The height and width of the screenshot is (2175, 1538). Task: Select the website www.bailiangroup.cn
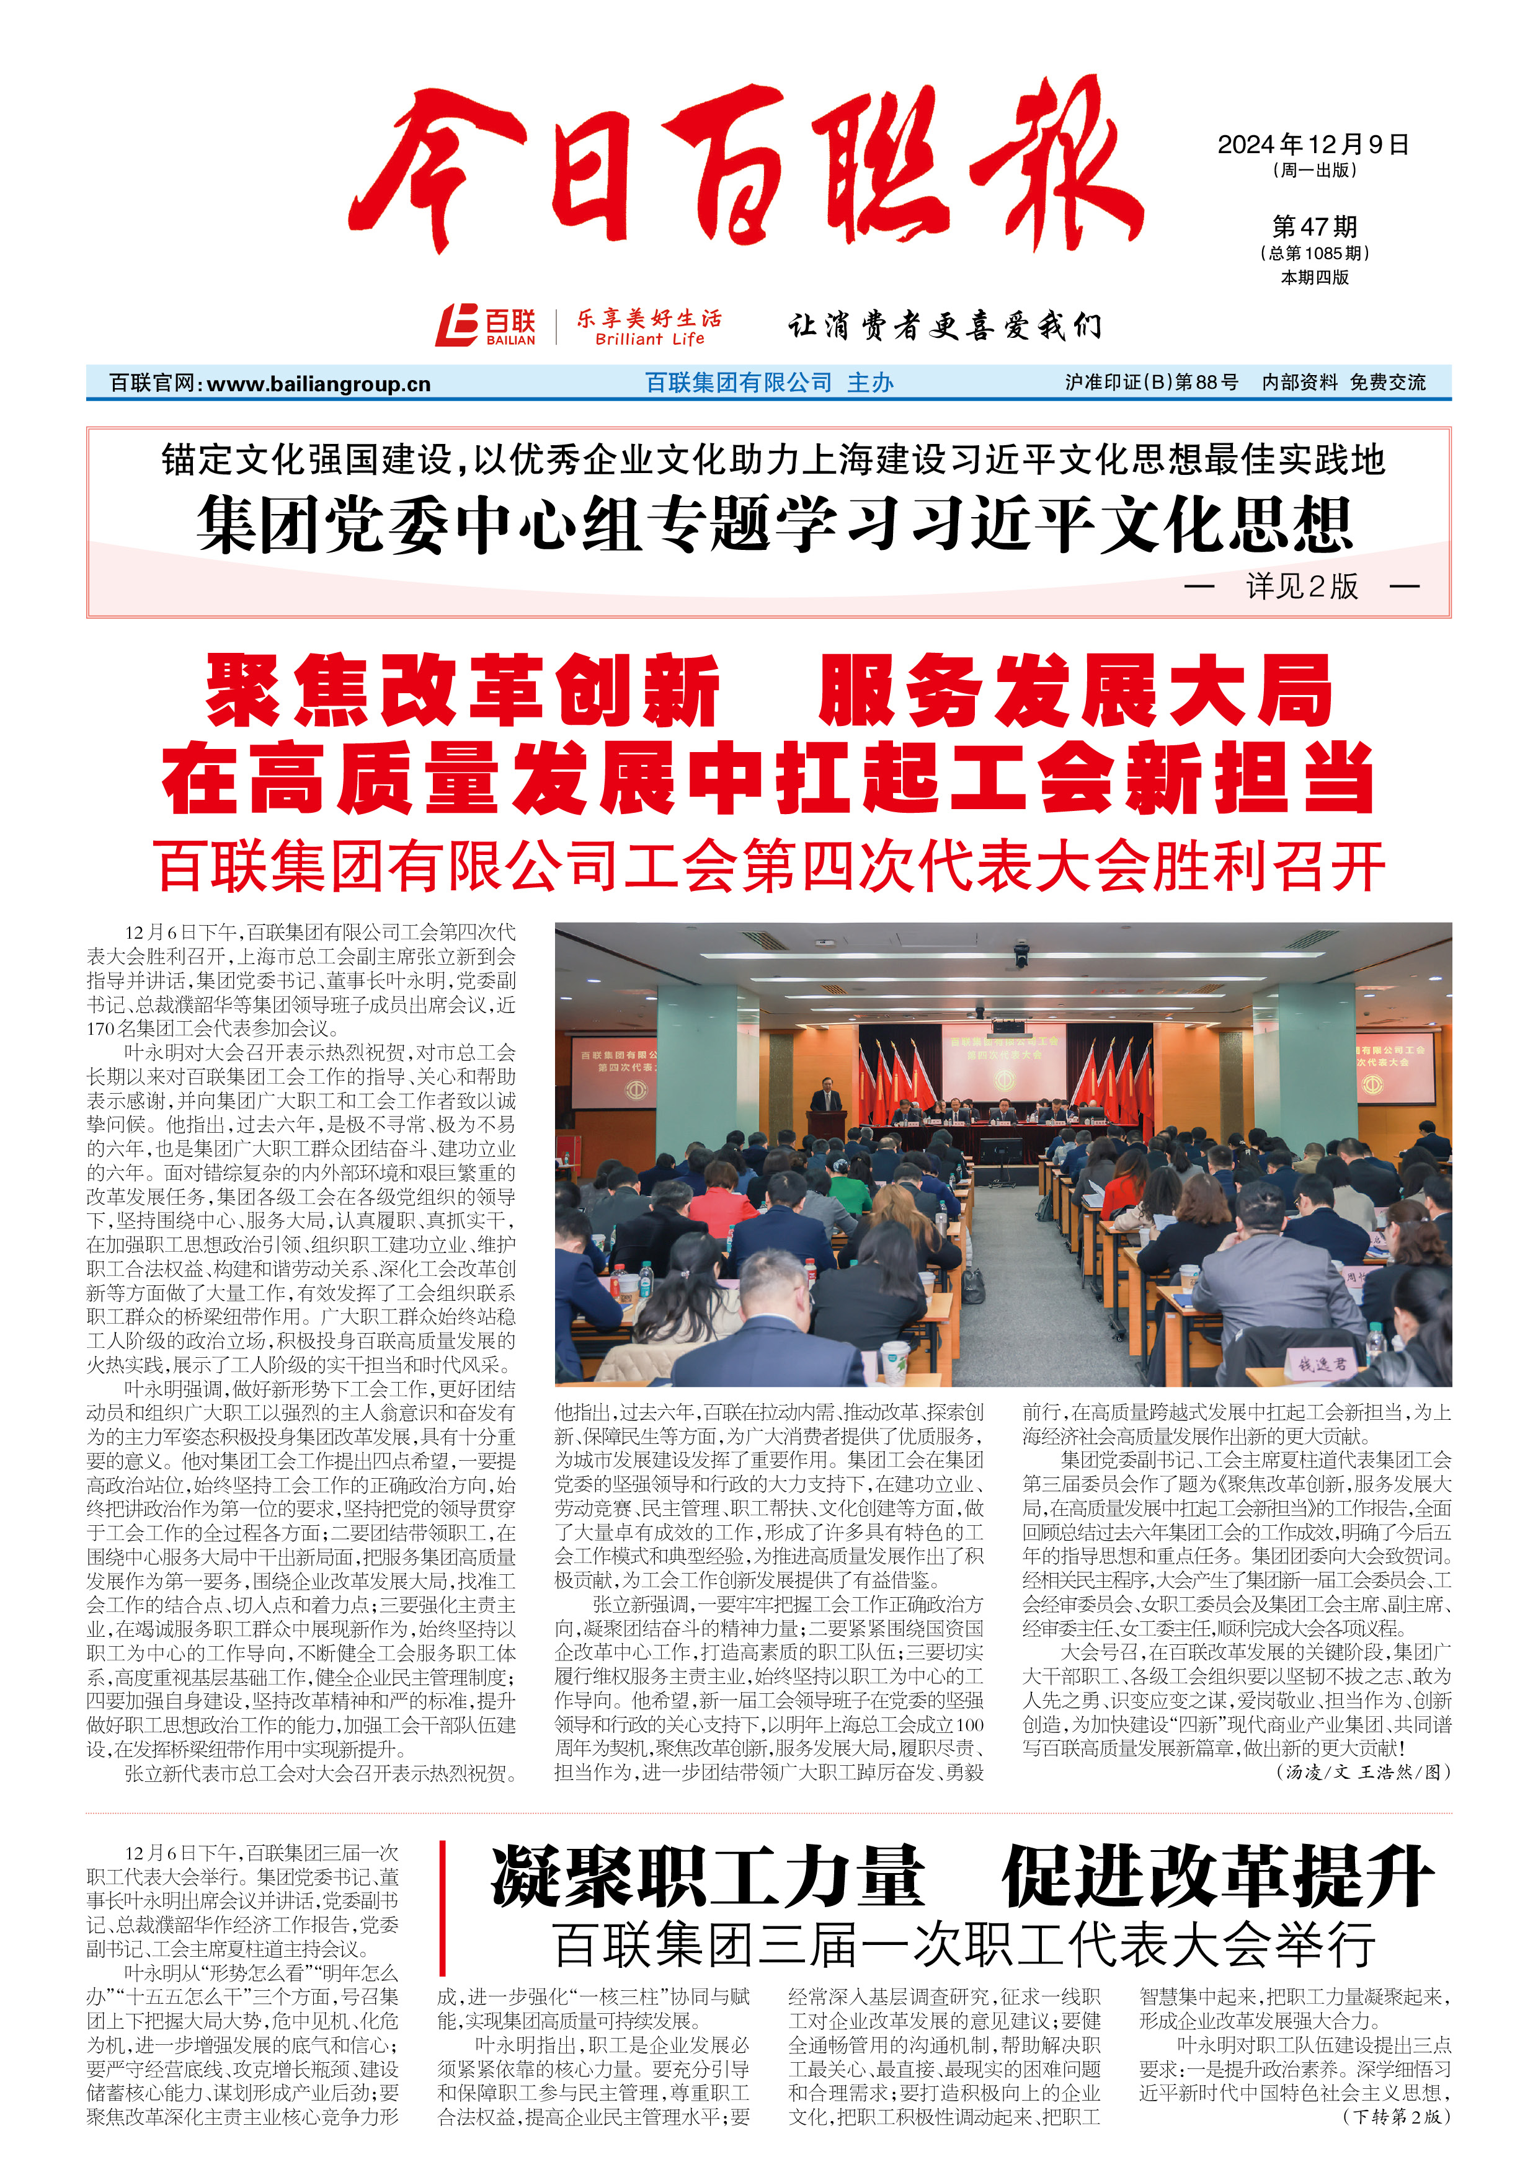coord(318,384)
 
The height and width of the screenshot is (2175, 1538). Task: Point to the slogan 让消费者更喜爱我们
coord(944,326)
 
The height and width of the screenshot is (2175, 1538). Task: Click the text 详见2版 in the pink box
coord(1302,587)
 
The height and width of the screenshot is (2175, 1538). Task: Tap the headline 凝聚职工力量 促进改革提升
coord(961,1877)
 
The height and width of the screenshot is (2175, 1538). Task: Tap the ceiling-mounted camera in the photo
coord(1021,952)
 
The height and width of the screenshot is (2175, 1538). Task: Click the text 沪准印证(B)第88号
coord(1152,383)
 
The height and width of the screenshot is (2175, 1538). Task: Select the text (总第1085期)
coord(1314,254)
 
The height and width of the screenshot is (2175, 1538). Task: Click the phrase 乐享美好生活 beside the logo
coord(649,317)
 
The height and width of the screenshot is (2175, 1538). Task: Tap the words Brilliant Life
coord(649,339)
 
